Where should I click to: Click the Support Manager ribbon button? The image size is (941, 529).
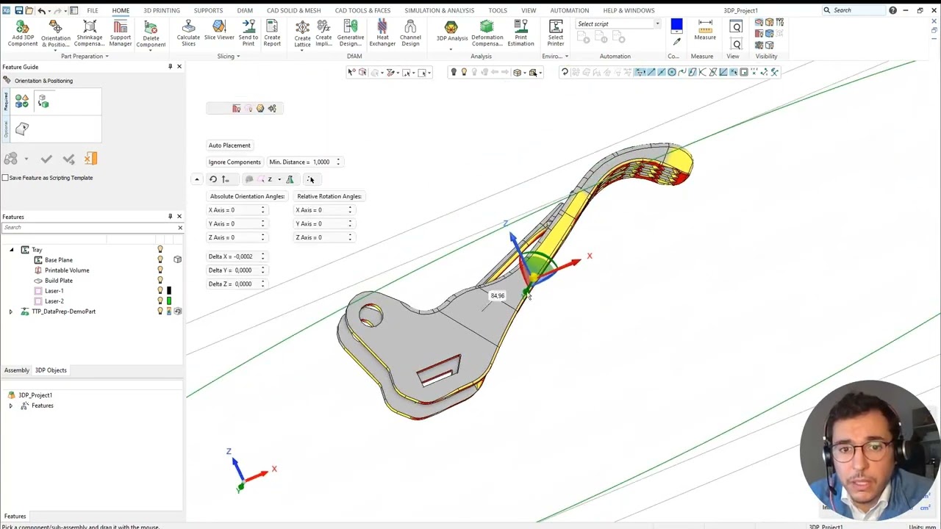point(121,34)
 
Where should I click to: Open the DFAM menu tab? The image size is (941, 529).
point(245,10)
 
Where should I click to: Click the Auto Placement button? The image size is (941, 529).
point(229,145)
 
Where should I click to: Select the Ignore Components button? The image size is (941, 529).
point(235,162)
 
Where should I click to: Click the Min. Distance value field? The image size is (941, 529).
point(322,162)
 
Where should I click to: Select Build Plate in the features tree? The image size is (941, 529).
point(59,281)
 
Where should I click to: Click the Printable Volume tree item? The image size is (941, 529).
point(67,270)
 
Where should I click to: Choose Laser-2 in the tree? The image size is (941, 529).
point(54,301)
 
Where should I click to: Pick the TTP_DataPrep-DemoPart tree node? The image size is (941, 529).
point(64,312)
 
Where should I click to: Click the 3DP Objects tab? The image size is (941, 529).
point(51,370)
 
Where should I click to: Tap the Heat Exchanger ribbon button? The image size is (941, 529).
point(382,34)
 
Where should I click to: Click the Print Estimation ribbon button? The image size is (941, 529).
point(520,34)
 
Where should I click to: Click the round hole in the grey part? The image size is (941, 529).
point(371,317)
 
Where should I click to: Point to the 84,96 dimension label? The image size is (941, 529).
point(498,296)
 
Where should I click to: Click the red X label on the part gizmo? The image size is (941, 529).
point(589,256)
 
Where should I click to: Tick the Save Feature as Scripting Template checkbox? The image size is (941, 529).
point(5,178)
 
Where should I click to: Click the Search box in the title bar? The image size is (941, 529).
point(856,10)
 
